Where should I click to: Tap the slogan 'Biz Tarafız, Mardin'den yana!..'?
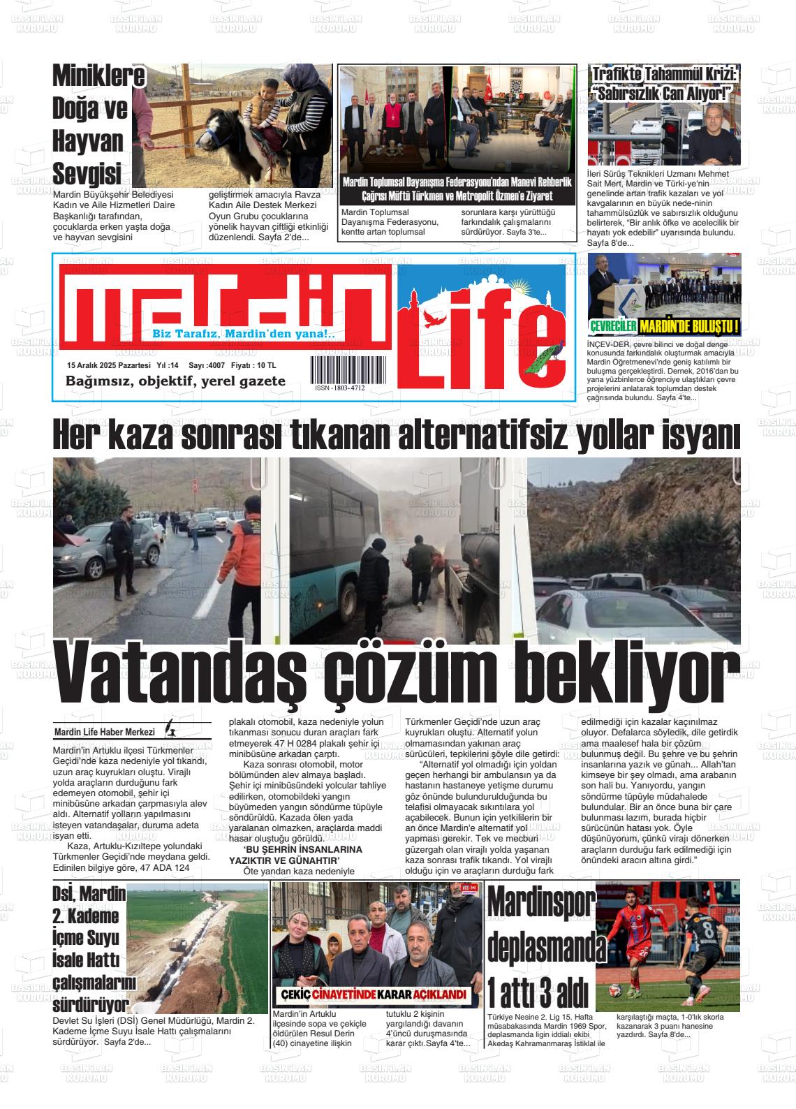(244, 334)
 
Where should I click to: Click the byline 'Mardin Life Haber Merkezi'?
(104, 732)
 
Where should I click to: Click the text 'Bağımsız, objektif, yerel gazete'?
(175, 381)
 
